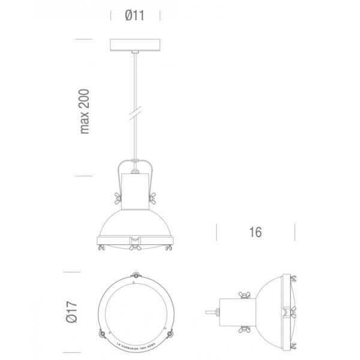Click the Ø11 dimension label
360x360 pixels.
pos(136,16)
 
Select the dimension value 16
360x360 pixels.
pos(256,232)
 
